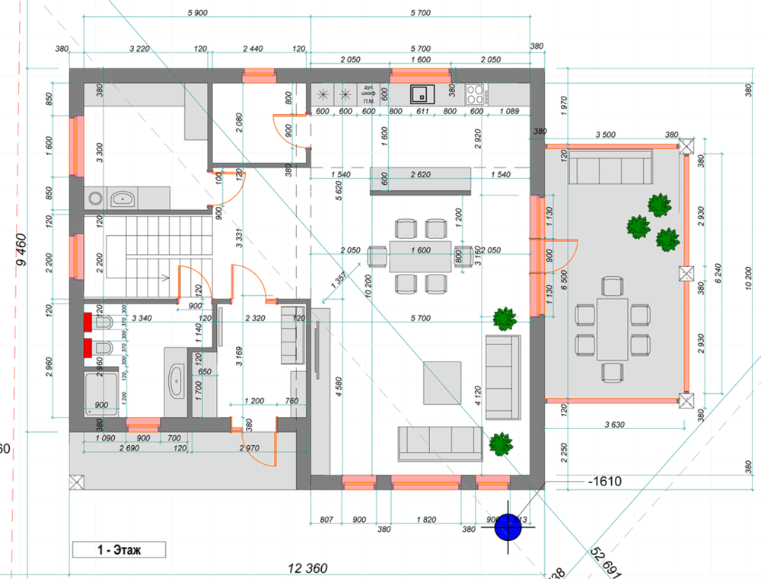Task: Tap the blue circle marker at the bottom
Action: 508,527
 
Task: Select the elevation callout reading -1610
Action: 605,482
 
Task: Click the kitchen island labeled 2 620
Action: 420,181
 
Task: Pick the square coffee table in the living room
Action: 442,383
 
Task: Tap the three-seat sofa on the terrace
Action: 610,167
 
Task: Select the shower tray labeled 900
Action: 101,393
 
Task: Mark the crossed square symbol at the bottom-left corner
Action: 76,482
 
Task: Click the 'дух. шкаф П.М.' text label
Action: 368,94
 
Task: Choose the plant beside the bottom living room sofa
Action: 500,444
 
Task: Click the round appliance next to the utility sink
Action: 94,199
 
